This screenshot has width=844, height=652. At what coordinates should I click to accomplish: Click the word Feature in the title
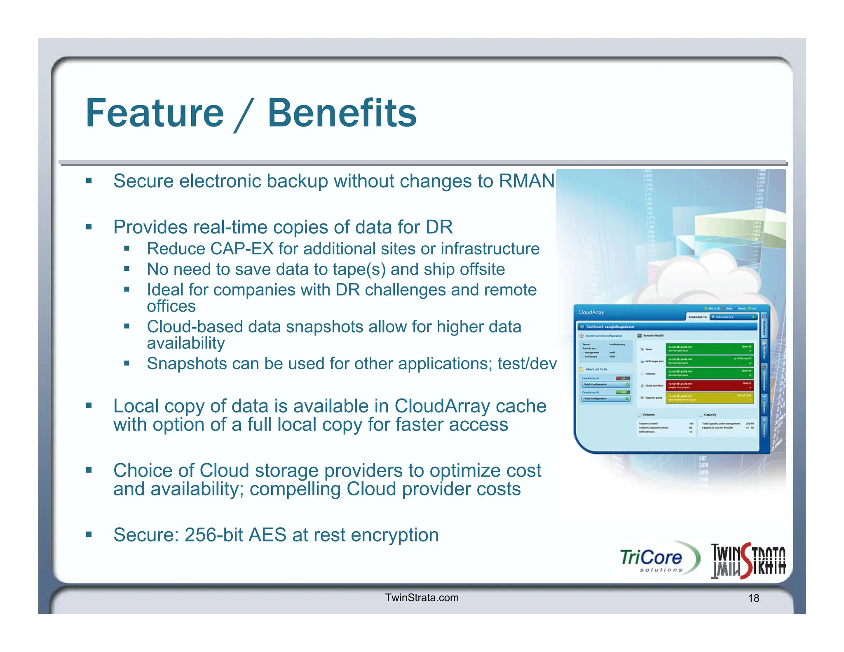click(155, 113)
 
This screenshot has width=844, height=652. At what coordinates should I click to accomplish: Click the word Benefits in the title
click(342, 113)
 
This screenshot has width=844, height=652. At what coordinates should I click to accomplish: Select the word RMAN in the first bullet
click(526, 181)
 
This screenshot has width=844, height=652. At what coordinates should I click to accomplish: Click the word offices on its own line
click(171, 306)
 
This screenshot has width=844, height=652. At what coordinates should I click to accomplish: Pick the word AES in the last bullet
click(267, 535)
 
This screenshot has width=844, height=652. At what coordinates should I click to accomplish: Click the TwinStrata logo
click(748, 561)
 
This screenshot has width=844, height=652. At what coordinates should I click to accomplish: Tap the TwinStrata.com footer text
click(422, 598)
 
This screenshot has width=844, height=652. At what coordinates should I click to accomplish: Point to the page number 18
click(753, 598)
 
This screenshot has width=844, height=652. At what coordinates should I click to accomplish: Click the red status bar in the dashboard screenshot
click(710, 385)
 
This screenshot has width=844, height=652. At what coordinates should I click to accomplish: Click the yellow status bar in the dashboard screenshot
click(710, 397)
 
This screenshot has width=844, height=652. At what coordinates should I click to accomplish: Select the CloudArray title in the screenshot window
click(591, 312)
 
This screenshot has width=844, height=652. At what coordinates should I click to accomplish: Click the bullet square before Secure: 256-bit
click(89, 535)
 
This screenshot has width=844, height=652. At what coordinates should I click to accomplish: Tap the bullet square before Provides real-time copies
click(89, 227)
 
